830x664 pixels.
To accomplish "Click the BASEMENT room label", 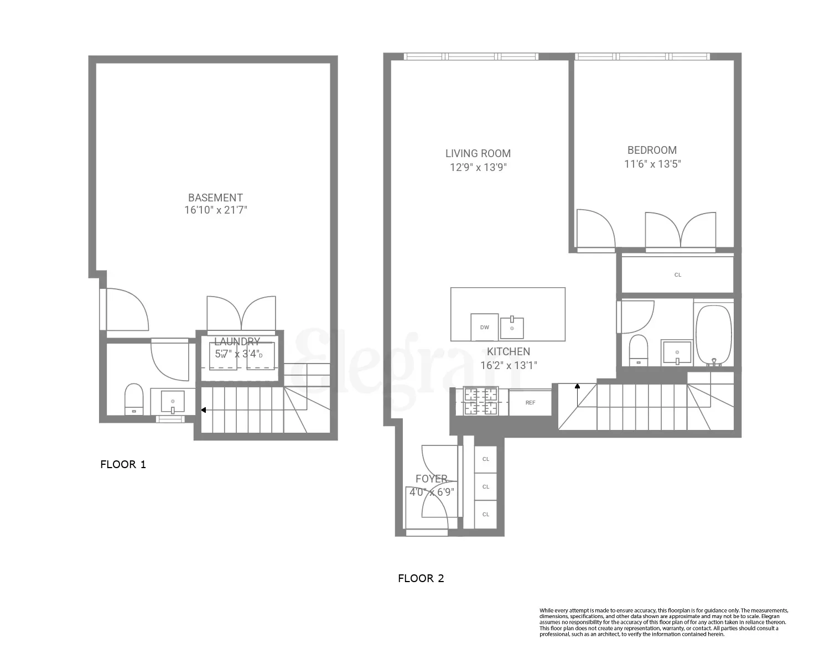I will [215, 198].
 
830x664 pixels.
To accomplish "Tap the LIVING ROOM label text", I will [478, 154].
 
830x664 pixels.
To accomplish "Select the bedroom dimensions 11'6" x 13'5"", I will [652, 164].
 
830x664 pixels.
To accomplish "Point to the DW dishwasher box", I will [485, 327].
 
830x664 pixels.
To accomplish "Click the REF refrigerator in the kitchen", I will [530, 402].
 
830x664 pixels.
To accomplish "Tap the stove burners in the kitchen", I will [480, 401].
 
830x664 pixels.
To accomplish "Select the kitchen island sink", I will [512, 328].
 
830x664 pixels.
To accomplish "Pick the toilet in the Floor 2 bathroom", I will [639, 350].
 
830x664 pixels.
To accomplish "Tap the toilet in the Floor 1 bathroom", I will [134, 399].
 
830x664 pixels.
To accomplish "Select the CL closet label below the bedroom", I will [678, 274].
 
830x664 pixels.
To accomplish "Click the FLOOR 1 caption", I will [123, 464].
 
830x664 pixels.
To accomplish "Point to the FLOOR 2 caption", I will [421, 579].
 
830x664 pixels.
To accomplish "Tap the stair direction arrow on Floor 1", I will [204, 410].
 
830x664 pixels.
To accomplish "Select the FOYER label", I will [432, 479].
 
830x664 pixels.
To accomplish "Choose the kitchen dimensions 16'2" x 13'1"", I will [509, 365].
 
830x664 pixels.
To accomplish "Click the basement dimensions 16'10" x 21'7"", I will [215, 210].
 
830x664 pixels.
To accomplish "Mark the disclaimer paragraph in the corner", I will [663, 622].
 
